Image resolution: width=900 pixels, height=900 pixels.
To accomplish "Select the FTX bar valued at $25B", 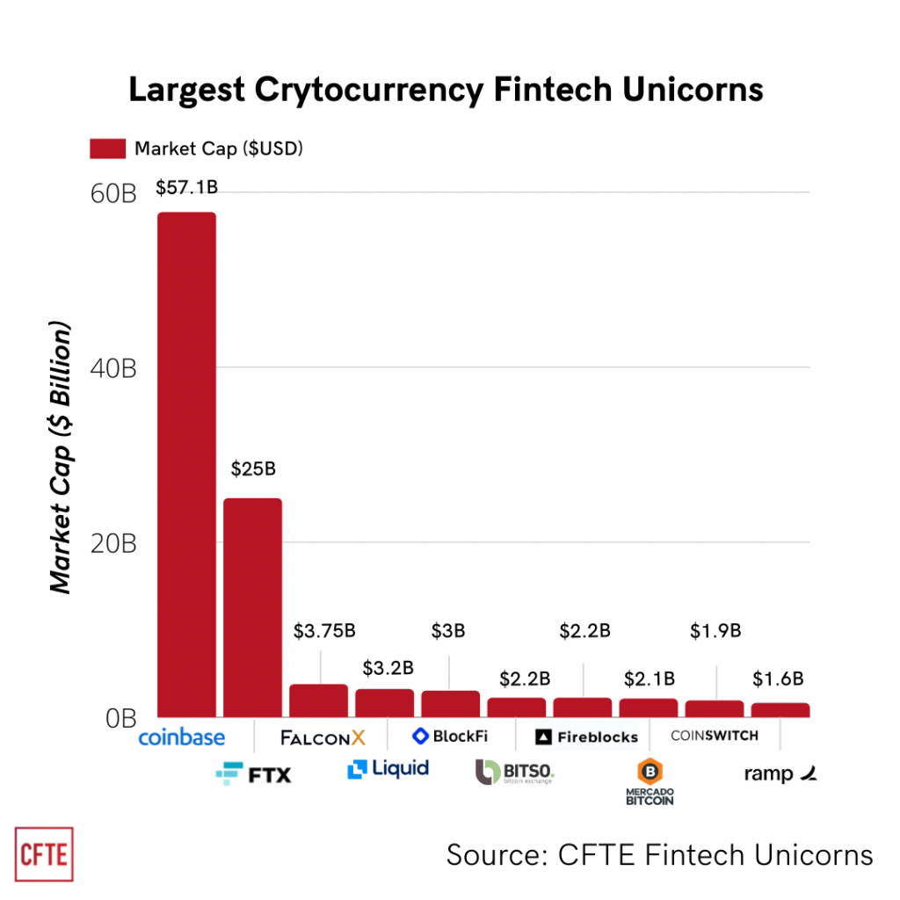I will click(252, 606).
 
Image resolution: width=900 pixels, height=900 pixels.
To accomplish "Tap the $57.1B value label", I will click(186, 187).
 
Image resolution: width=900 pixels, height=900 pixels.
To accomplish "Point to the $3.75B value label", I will click(324, 631).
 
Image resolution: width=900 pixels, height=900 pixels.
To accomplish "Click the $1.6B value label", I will click(779, 679).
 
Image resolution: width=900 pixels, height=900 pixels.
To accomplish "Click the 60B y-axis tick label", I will click(114, 192).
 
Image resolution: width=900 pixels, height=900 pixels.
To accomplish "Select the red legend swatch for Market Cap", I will click(107, 149).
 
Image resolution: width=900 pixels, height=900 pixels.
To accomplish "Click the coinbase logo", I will click(182, 737).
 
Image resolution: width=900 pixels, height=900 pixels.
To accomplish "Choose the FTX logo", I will click(253, 773).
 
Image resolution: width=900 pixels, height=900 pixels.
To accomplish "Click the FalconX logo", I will click(323, 737).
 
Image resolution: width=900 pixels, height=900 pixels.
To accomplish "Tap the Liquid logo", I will click(388, 769).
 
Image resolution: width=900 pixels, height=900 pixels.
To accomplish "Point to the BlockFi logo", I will click(449, 736).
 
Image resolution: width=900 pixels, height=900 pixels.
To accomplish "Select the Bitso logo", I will click(515, 773).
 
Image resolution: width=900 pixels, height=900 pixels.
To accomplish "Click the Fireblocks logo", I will click(586, 737).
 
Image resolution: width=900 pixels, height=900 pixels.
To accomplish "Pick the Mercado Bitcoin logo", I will click(650, 781).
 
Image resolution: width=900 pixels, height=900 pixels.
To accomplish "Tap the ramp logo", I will click(780, 773).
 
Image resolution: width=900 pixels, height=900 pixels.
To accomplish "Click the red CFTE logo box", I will click(44, 853).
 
